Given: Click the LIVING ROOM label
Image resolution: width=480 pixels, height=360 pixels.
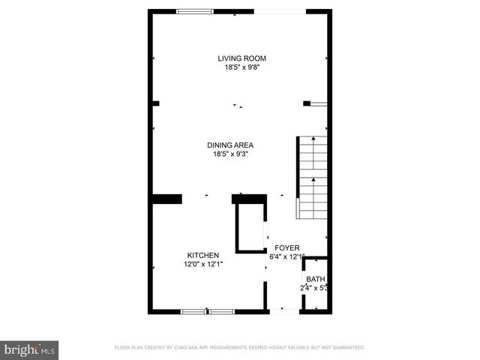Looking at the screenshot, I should (241, 58).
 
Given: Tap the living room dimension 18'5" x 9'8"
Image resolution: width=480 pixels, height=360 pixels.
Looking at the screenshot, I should (241, 67).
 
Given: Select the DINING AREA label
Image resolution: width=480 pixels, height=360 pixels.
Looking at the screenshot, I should (230, 145).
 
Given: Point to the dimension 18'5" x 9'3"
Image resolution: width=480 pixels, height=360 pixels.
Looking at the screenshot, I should (230, 154).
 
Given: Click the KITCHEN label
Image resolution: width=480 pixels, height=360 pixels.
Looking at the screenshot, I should (202, 256).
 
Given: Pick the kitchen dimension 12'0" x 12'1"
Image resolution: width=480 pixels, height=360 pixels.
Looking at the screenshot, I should (202, 264).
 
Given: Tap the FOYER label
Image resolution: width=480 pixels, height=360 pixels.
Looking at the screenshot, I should (286, 248).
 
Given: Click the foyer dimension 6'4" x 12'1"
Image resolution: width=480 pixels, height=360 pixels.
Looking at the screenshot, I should (288, 256).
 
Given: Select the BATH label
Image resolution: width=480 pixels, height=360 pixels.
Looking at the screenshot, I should (315, 279).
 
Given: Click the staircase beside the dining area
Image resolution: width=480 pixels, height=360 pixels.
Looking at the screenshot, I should (312, 178).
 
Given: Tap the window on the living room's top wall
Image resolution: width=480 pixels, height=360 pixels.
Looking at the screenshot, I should (194, 11).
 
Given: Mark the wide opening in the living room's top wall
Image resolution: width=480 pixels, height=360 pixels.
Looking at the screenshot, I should (280, 11).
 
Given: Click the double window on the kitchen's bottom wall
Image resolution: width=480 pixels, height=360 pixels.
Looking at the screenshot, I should (208, 310).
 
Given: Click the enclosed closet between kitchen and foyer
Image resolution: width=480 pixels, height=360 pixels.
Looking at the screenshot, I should (250, 226).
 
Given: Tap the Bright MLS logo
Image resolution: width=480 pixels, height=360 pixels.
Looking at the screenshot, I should (30, 349).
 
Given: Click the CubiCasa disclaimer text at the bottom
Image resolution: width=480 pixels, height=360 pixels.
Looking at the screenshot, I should (239, 348).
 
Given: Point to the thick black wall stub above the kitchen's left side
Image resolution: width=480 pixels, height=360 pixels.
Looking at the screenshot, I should (167, 199).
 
